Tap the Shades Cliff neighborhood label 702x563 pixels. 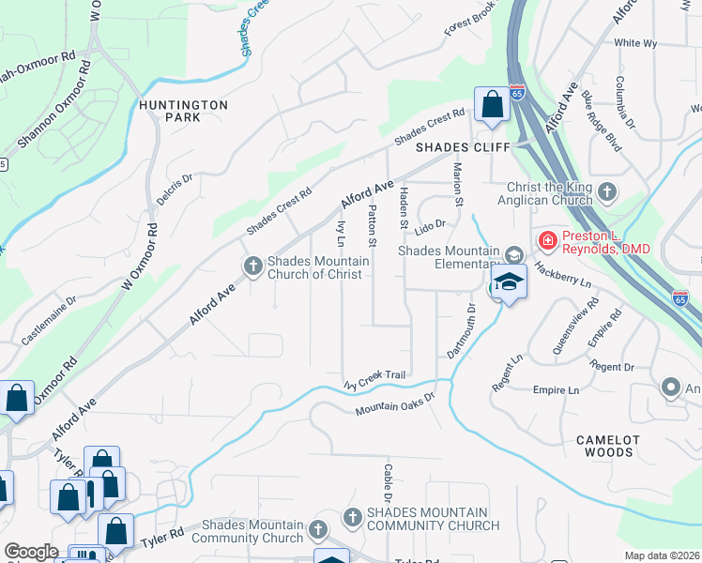click(x=463, y=147)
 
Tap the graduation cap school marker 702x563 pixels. click(x=508, y=281)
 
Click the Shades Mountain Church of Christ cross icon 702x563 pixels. click(x=252, y=266)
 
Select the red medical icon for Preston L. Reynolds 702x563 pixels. click(x=546, y=242)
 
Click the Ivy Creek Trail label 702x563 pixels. click(x=374, y=379)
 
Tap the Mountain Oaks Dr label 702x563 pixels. click(x=396, y=403)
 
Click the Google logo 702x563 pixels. click(x=31, y=552)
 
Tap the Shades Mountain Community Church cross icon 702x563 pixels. click(x=352, y=517)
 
